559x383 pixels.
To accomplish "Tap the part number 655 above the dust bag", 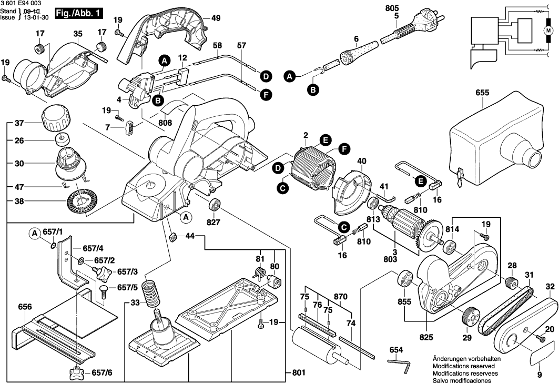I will point(482,93).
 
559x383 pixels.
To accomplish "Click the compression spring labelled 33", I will point(153,294).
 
